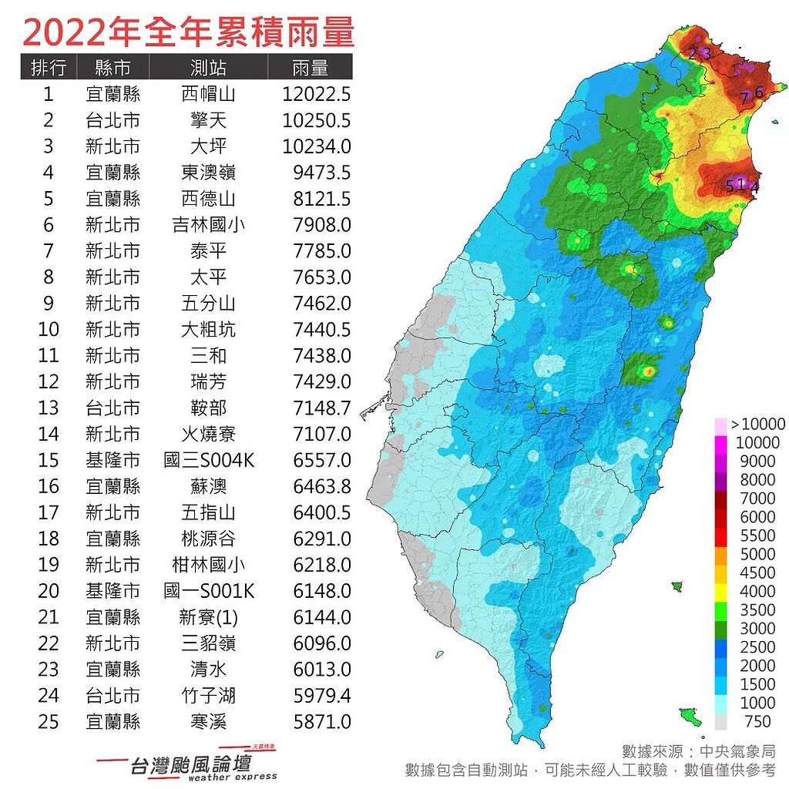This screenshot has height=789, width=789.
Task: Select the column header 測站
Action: click(x=207, y=67)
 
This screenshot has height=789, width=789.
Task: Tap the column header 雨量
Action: click(x=311, y=67)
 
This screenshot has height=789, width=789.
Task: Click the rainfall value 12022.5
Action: click(x=316, y=94)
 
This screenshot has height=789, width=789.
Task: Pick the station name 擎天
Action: click(x=207, y=120)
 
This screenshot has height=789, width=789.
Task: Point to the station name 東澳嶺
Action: click(x=207, y=173)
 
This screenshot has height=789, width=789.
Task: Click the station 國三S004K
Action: click(x=209, y=460)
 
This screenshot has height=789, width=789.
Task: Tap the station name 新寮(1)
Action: click(x=207, y=617)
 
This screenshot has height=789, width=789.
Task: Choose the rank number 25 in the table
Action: click(x=48, y=722)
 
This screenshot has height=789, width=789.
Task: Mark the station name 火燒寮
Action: click(x=207, y=434)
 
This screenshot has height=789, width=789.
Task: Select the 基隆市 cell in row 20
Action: click(x=112, y=591)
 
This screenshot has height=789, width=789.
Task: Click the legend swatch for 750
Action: click(x=720, y=721)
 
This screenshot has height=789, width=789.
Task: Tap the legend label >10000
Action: click(x=757, y=424)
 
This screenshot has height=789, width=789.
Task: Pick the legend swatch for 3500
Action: click(x=720, y=610)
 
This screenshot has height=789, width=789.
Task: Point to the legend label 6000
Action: click(x=757, y=517)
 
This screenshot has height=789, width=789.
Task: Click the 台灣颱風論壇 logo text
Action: click(x=188, y=764)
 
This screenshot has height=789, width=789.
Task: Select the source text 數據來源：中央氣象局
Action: click(x=698, y=751)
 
